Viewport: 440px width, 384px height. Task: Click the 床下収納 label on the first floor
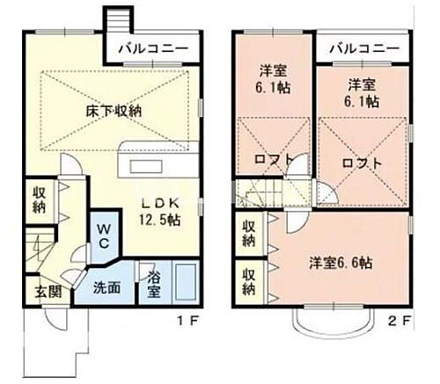pyautogui.click(x=114, y=111)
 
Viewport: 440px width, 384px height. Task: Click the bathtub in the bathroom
pyautogui.click(x=184, y=283)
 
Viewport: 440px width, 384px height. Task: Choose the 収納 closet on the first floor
pyautogui.click(x=40, y=199)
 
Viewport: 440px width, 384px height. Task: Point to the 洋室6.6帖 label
pyautogui.click(x=340, y=263)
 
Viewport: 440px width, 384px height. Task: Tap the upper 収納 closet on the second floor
pyautogui.click(x=248, y=235)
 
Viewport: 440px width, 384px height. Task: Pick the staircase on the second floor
pyautogui.click(x=266, y=191)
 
